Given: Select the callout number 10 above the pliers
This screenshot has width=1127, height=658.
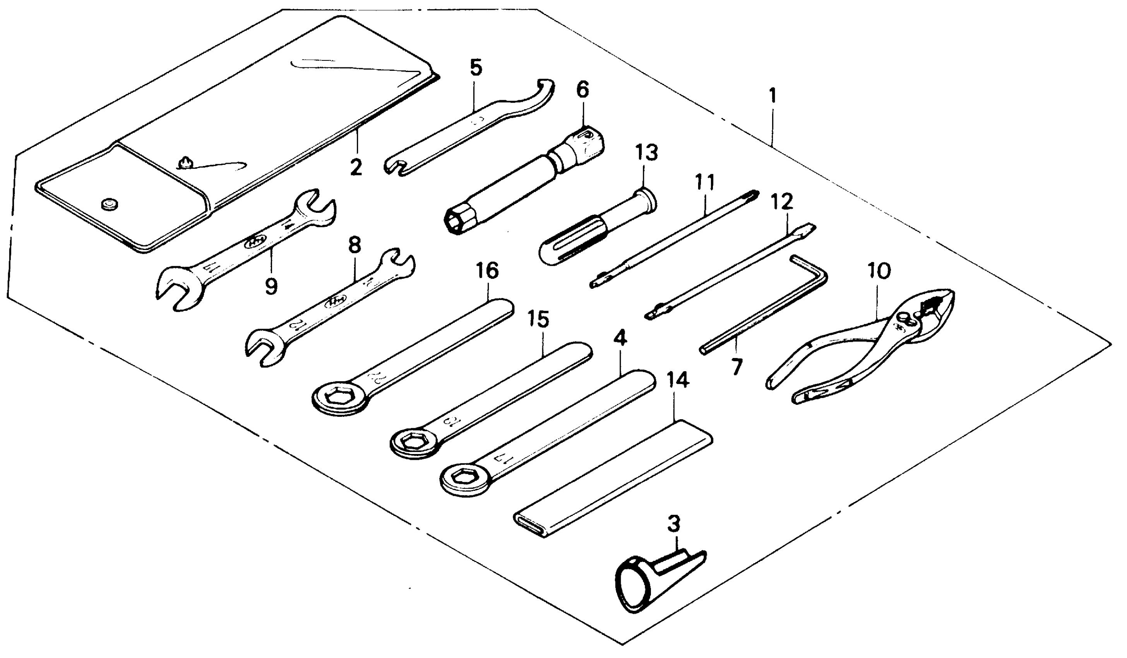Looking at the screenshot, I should coord(879,271).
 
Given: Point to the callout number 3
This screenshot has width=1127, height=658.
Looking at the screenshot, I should coord(673,523).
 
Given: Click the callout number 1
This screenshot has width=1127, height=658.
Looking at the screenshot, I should coord(772,96).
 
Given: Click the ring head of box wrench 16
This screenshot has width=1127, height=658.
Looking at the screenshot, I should coord(339,396).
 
